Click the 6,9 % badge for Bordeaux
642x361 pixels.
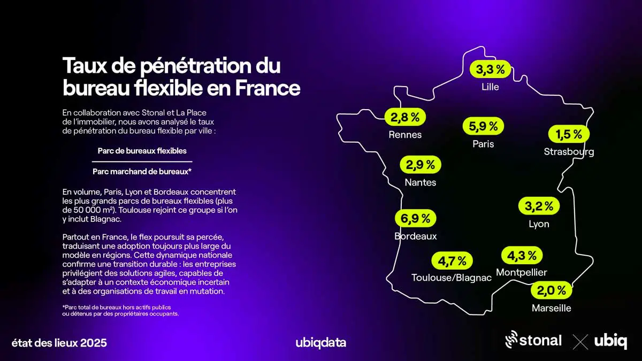coord(416,218)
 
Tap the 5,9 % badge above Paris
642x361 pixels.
coord(483,126)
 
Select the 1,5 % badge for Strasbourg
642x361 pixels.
coord(569,135)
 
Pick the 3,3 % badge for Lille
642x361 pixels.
coord(491,69)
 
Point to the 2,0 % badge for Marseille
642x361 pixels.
coord(551,290)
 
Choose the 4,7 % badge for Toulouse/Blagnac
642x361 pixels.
coord(452,261)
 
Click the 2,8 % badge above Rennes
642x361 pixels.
coord(405,117)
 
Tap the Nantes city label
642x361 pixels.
coord(421,182)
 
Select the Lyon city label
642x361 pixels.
coord(539,224)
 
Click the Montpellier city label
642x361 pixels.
coord(522,273)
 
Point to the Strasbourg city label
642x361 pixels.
coord(569,152)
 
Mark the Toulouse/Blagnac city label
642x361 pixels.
coord(452,278)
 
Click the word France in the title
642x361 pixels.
coord(267,88)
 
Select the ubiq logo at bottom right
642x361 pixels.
coord(610,341)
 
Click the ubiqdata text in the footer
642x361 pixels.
coord(320,343)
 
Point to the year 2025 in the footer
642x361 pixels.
coord(94,343)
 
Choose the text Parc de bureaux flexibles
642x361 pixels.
coord(142,151)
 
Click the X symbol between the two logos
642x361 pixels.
coord(580,341)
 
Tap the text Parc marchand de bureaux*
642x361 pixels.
coord(142,172)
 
